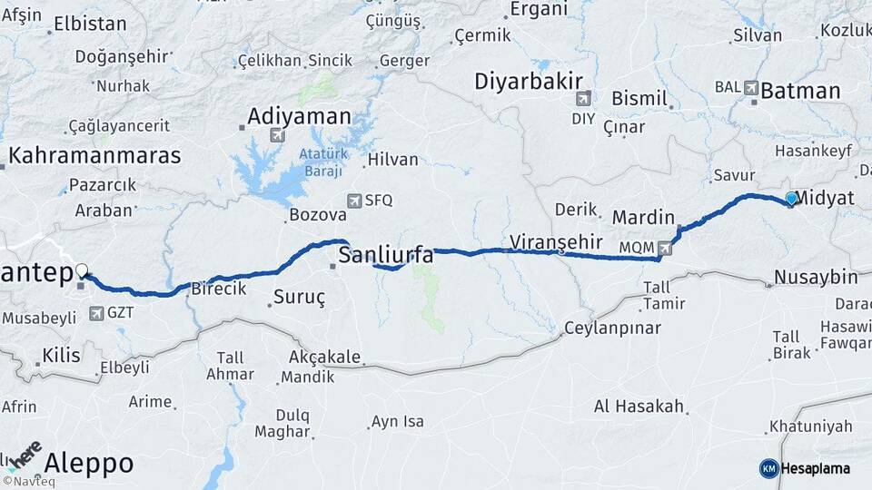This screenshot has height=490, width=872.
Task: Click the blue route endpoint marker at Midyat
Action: pyautogui.click(x=791, y=199)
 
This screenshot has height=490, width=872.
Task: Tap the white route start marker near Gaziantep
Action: pyautogui.click(x=83, y=270)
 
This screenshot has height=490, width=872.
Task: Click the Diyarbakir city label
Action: pyautogui.click(x=528, y=82)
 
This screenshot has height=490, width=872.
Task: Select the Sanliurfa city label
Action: pyautogui.click(x=385, y=256)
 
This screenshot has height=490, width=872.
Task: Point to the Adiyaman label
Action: pyautogui.click(x=299, y=116)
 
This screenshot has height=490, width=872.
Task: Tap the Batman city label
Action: pyautogui.click(x=800, y=91)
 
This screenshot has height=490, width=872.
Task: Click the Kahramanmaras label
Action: pyautogui.click(x=94, y=154)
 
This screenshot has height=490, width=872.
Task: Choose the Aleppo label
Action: pyautogui.click(x=88, y=464)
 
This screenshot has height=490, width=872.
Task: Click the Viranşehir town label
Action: pyautogui.click(x=557, y=241)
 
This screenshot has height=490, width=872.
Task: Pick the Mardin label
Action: pyautogui.click(x=643, y=218)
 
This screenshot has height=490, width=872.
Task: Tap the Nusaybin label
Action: pyautogui.click(x=817, y=277)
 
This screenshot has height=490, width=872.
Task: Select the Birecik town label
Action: pyautogui.click(x=218, y=289)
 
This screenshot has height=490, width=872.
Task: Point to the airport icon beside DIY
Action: pyautogui.click(x=582, y=97)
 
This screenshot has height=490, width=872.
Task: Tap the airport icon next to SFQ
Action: pyautogui.click(x=353, y=201)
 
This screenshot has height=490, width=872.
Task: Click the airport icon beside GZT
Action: pyautogui.click(x=96, y=314)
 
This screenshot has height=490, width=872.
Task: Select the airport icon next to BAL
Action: pyautogui.click(x=751, y=88)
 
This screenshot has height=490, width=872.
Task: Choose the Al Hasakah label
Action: pyautogui.click(x=639, y=406)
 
